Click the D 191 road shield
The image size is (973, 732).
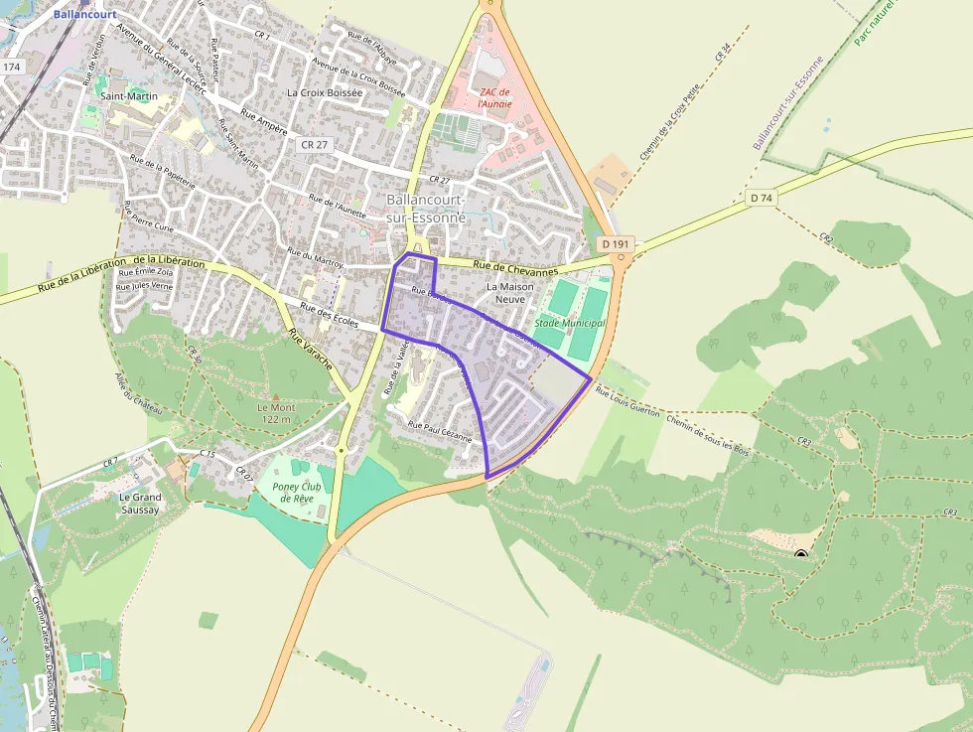coord(616,243)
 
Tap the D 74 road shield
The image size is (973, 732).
coord(762,198)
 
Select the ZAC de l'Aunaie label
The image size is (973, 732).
coord(495,97)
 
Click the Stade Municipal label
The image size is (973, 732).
coord(570,323)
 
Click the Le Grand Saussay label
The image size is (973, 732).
coord(140,503)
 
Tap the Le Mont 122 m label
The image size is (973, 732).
coord(276,413)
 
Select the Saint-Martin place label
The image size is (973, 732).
coord(129,96)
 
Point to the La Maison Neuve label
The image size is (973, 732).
coord(510,292)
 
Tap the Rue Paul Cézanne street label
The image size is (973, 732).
coord(440,430)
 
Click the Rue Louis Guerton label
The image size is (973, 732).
coord(627,399)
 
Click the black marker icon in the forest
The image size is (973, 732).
coord(801,554)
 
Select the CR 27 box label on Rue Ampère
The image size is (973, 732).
coord(314,145)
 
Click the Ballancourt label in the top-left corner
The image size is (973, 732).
coord(86,15)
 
